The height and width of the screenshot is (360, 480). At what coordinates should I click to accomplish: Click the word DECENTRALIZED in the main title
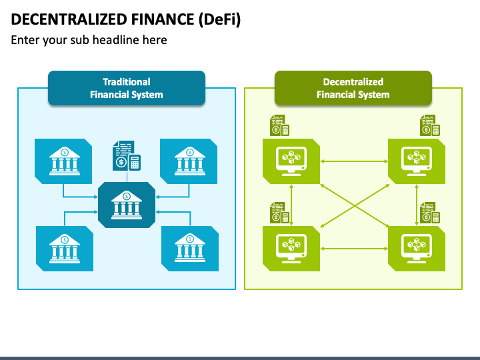point(69,19)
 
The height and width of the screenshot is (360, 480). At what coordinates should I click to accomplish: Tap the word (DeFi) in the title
point(219,20)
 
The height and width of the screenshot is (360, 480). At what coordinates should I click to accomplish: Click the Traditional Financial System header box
point(127,88)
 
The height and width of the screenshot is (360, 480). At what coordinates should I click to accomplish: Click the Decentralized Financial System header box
point(353,88)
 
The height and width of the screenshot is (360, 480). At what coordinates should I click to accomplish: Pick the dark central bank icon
point(127,205)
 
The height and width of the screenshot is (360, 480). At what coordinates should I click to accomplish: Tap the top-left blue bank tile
point(63,161)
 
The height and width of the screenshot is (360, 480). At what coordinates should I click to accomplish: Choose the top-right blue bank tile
point(189,161)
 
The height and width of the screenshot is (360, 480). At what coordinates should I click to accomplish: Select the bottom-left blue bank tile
point(65,249)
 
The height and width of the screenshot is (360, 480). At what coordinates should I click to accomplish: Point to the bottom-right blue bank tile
point(190,249)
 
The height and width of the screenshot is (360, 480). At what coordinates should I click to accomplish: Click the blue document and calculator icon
point(127,155)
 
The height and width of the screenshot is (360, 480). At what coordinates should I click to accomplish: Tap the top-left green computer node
point(291,161)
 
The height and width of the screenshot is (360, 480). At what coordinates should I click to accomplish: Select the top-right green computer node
point(416,161)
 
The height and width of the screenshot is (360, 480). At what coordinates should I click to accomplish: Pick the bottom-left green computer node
point(291,249)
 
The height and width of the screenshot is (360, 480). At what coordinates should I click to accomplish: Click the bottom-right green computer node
point(416,249)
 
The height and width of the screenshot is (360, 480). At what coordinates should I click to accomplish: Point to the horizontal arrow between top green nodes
point(354,161)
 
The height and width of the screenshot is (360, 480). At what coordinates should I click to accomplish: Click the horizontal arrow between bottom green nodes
point(354,249)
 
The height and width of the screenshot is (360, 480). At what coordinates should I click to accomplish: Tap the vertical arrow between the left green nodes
point(291,205)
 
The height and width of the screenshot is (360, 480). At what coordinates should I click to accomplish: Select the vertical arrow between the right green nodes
point(416,205)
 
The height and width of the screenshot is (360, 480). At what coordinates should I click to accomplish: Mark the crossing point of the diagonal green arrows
point(355,206)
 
